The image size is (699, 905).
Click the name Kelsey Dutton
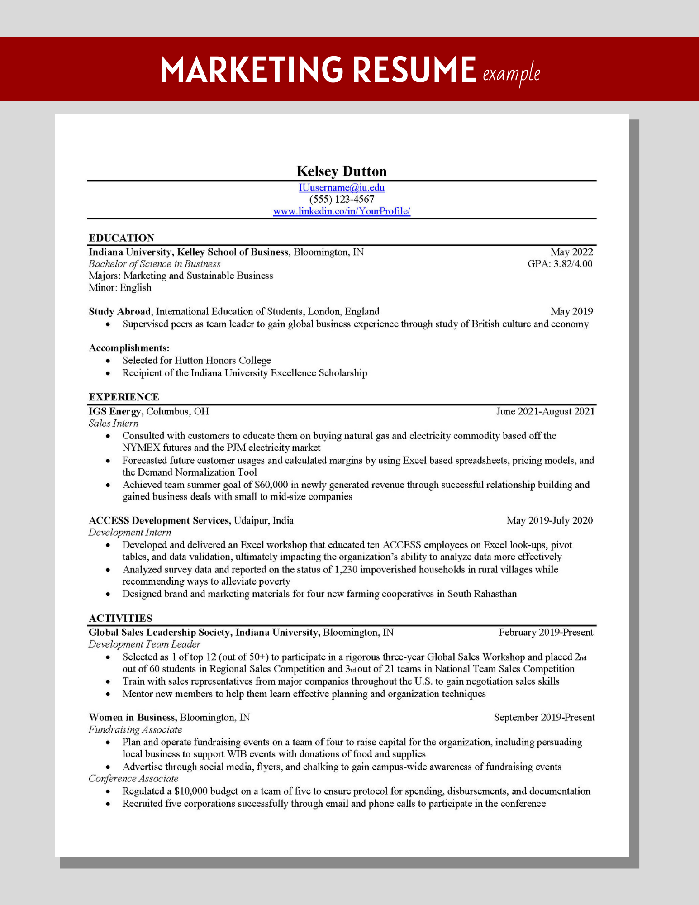342,171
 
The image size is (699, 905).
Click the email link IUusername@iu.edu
342,187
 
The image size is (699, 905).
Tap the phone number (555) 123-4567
342,199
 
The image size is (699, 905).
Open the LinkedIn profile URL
342,211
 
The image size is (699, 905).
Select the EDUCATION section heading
121,238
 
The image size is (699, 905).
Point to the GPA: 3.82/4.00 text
560,264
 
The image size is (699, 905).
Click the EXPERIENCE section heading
124,397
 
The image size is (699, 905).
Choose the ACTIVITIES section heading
120,618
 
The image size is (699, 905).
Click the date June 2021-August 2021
545,411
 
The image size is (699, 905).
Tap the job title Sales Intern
114,423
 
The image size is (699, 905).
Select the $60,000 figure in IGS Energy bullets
271,485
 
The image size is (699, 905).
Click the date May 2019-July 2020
549,520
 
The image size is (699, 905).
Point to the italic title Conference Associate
133,778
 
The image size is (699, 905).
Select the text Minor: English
120,287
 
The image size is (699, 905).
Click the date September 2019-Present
544,717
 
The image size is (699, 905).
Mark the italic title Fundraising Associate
135,729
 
